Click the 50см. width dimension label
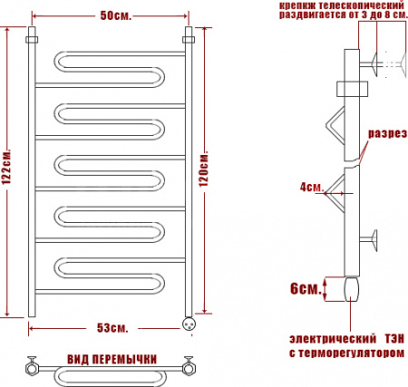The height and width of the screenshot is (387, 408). coord(116,15)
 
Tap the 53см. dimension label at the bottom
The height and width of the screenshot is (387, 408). coord(112,328)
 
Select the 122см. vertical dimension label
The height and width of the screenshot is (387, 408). coord(6,166)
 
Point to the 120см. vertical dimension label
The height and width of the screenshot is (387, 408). coord(204,168)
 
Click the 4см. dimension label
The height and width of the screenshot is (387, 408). coord(311,188)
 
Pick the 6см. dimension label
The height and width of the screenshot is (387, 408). coord(306,289)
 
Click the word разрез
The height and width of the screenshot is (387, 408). coord(387,133)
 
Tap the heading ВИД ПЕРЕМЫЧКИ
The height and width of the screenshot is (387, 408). coord(112,360)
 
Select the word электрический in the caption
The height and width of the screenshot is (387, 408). coord(333,339)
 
